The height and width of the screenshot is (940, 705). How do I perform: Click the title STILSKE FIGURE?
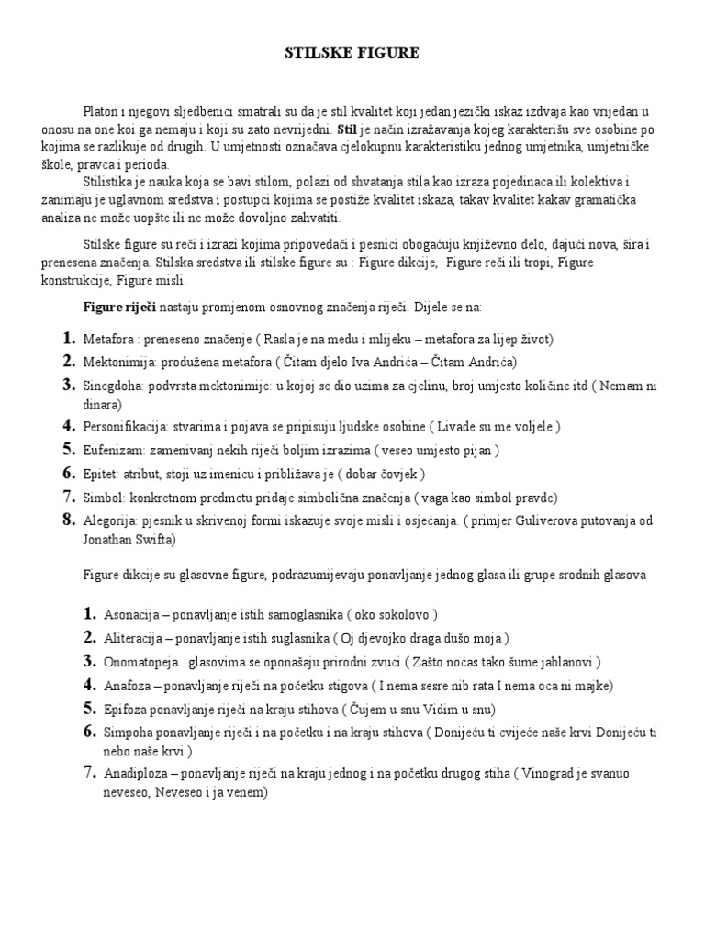(352, 54)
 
